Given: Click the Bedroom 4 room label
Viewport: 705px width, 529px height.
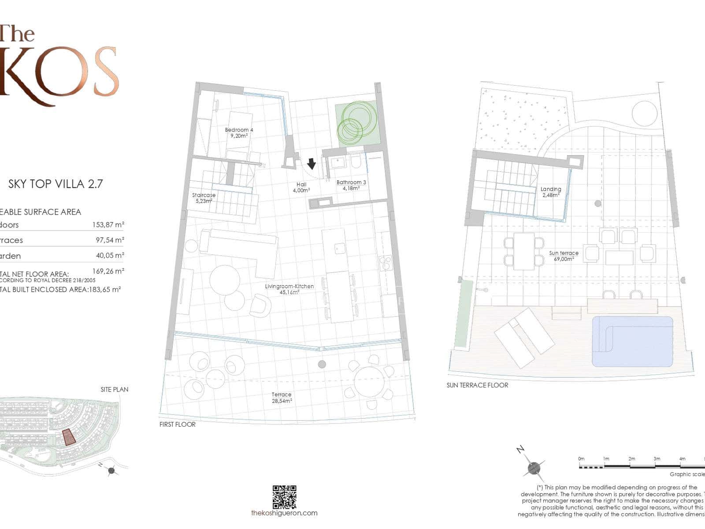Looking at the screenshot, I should point(239,133).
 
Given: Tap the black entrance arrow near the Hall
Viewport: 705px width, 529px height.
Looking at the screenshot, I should point(312,164).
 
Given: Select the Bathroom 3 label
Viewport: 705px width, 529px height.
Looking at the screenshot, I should point(351,185).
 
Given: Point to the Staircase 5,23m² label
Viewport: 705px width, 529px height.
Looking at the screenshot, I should point(204,198).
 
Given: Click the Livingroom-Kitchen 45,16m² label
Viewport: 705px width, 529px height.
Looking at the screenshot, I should point(289,289).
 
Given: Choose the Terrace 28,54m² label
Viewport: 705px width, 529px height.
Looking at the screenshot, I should point(282,398).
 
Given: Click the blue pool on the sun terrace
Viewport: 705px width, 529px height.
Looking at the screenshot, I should point(632,341).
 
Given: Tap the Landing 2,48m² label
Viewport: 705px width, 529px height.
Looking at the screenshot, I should point(551,192).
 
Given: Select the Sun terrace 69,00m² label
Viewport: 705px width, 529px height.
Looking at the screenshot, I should point(564,256).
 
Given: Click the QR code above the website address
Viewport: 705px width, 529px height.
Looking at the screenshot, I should point(284,497).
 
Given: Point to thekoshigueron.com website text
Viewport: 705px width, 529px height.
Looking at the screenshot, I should point(284,513).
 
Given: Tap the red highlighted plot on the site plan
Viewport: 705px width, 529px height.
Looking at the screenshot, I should point(68,437).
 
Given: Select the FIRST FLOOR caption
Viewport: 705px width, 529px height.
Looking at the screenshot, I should point(178,425).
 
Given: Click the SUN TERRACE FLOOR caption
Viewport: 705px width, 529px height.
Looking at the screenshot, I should point(477,385).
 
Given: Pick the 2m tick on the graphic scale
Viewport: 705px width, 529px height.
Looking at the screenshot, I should point(632,459).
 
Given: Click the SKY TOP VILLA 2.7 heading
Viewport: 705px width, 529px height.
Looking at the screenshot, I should point(56,184).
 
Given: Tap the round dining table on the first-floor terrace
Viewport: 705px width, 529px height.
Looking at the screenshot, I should point(369,381).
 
